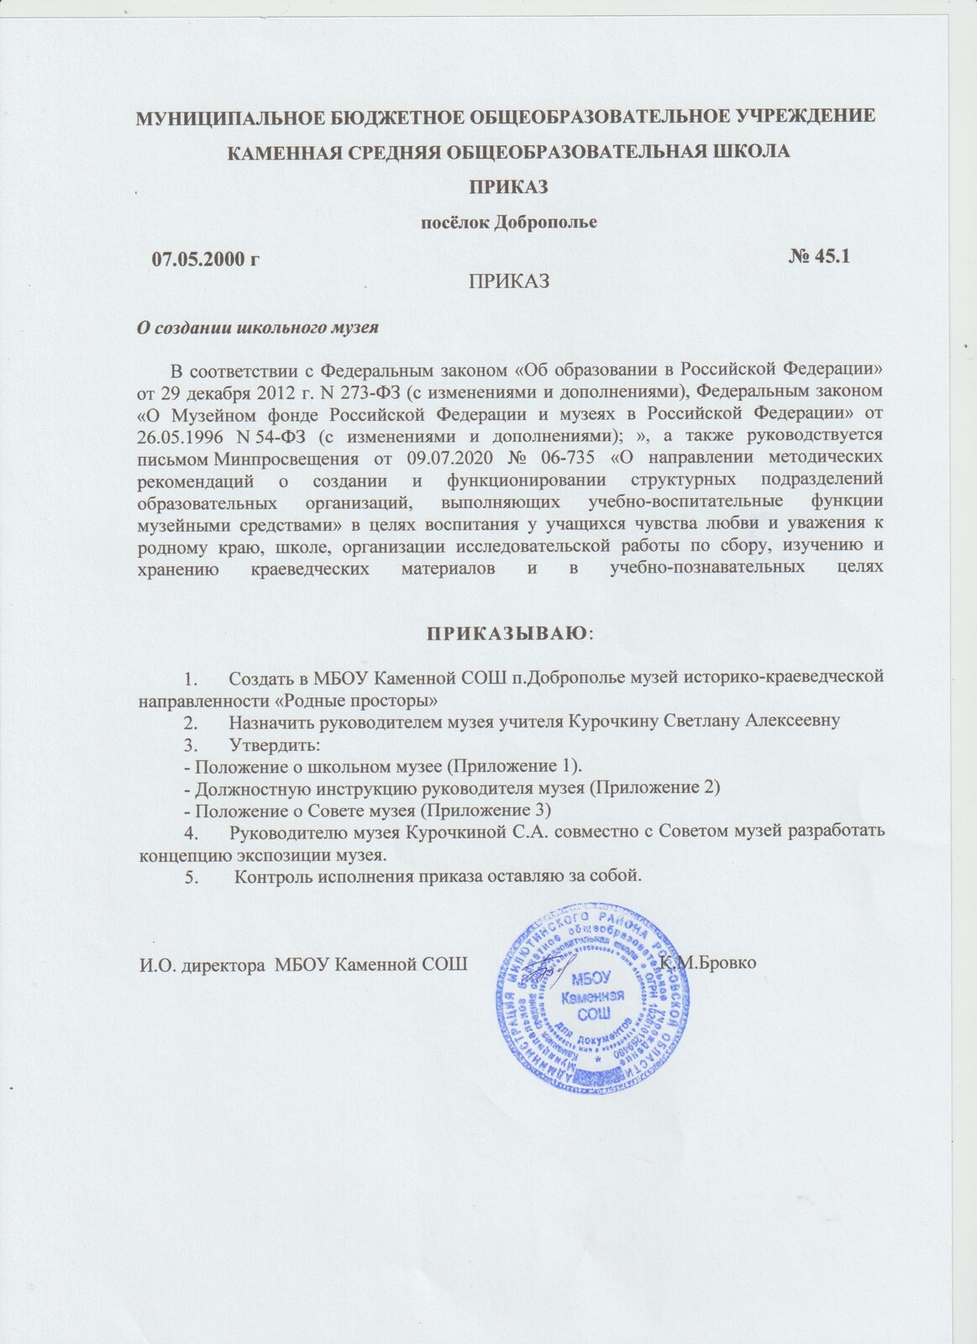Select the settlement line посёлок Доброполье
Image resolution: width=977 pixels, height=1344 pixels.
pyautogui.click(x=508, y=223)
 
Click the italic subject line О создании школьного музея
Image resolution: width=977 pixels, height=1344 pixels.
pyautogui.click(x=259, y=328)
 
